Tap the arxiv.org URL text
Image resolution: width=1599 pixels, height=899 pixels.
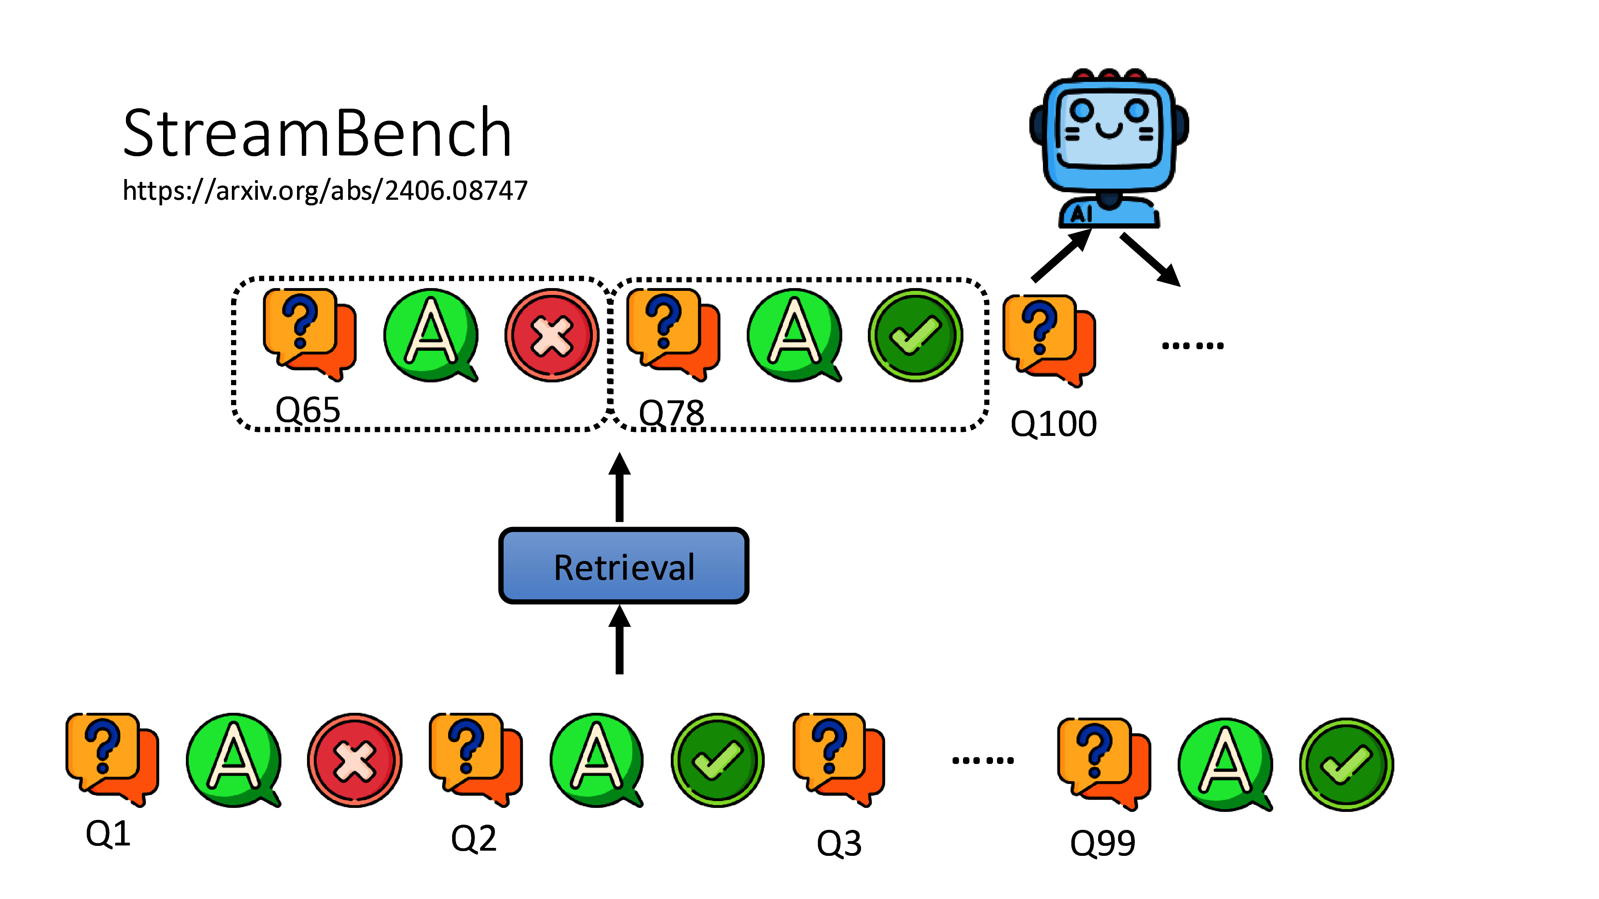coord(325,191)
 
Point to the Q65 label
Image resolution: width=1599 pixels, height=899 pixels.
coord(308,410)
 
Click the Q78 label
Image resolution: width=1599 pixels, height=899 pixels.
coord(671,413)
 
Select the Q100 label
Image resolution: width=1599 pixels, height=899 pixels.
coord(1053,424)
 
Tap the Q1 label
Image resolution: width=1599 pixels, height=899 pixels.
coord(108,833)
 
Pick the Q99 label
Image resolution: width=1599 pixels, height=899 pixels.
coord(1103,843)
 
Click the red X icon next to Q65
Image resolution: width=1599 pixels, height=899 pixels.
coord(551,336)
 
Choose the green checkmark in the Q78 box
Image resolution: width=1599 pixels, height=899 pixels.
coord(915,336)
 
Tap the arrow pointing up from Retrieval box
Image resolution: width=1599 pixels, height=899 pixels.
coord(619,487)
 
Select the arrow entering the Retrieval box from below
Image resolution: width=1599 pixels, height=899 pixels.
coord(619,639)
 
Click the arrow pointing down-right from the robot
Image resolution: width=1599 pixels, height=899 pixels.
coord(1150,260)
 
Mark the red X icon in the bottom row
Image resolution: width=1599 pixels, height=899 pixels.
coord(355,760)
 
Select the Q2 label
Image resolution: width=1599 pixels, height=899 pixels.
coord(474,839)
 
